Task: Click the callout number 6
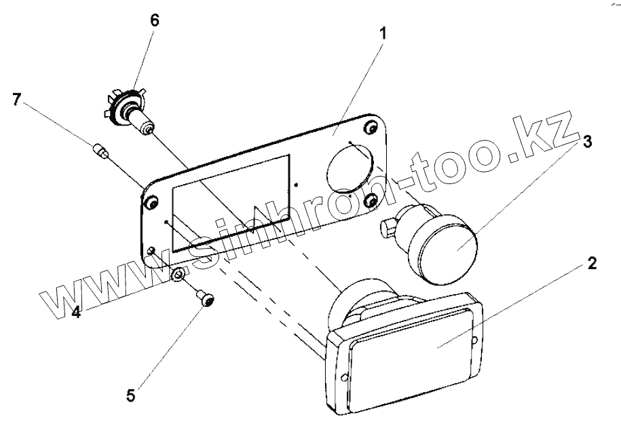coord(155,20)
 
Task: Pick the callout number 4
coord(77,314)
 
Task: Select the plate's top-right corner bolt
coord(371,128)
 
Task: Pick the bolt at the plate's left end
coord(151,203)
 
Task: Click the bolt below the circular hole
coord(371,200)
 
